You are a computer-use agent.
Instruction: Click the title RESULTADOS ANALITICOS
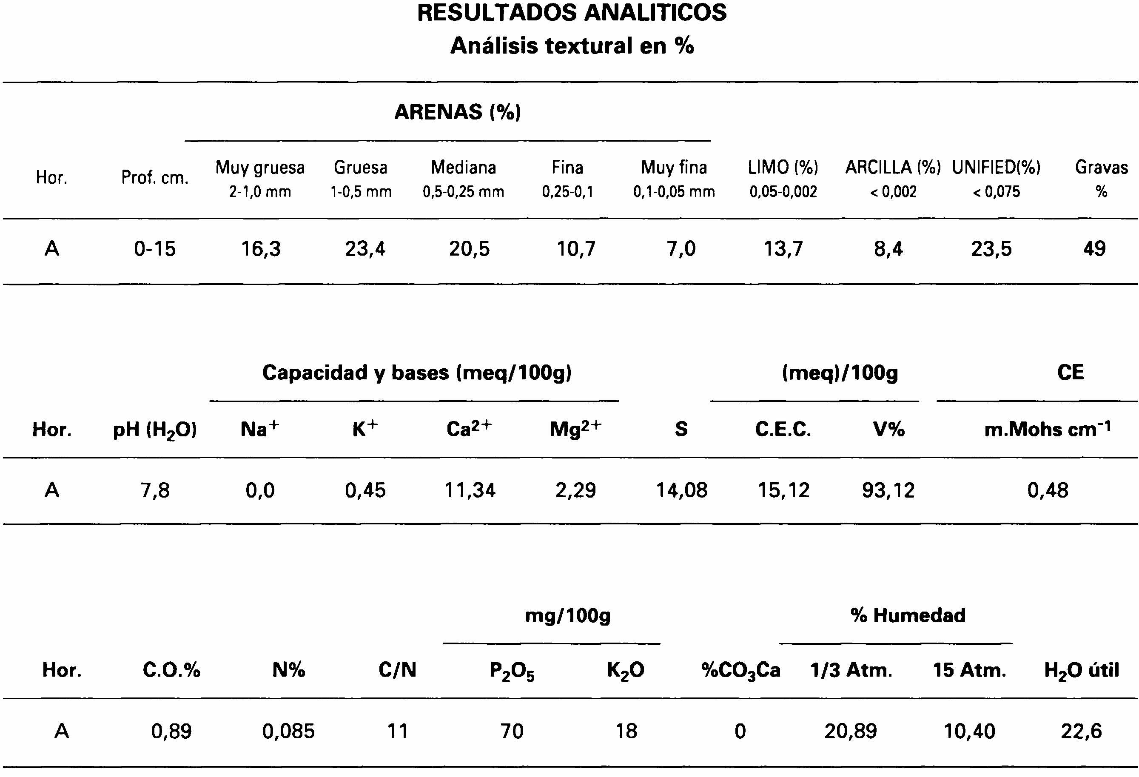pyautogui.click(x=572, y=13)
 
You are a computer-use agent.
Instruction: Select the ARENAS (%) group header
pyautogui.click(x=457, y=112)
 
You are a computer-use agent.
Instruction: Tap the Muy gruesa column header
pyautogui.click(x=260, y=168)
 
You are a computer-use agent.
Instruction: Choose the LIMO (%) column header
pyautogui.click(x=783, y=168)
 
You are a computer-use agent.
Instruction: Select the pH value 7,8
pyautogui.click(x=155, y=490)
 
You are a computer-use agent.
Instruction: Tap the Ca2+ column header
pyautogui.click(x=469, y=429)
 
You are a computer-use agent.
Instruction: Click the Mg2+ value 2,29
pyautogui.click(x=575, y=490)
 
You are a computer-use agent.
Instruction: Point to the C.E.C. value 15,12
pyautogui.click(x=783, y=490)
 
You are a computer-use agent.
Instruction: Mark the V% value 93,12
pyautogui.click(x=888, y=490)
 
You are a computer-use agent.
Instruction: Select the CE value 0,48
pyautogui.click(x=1048, y=490)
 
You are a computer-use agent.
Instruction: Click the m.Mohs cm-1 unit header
pyautogui.click(x=1048, y=429)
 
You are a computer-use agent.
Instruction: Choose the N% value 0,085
pyautogui.click(x=288, y=731)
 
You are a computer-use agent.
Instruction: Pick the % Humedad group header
pyautogui.click(x=908, y=615)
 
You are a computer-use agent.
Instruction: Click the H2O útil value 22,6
pyautogui.click(x=1081, y=731)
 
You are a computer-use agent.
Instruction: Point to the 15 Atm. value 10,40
pyautogui.click(x=969, y=731)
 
